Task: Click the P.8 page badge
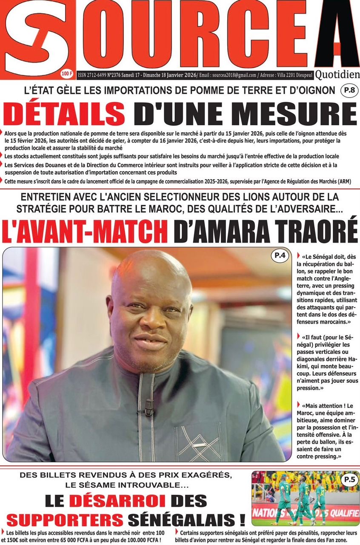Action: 348,90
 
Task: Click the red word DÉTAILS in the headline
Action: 66,114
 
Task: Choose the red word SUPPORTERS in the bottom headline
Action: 65,519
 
